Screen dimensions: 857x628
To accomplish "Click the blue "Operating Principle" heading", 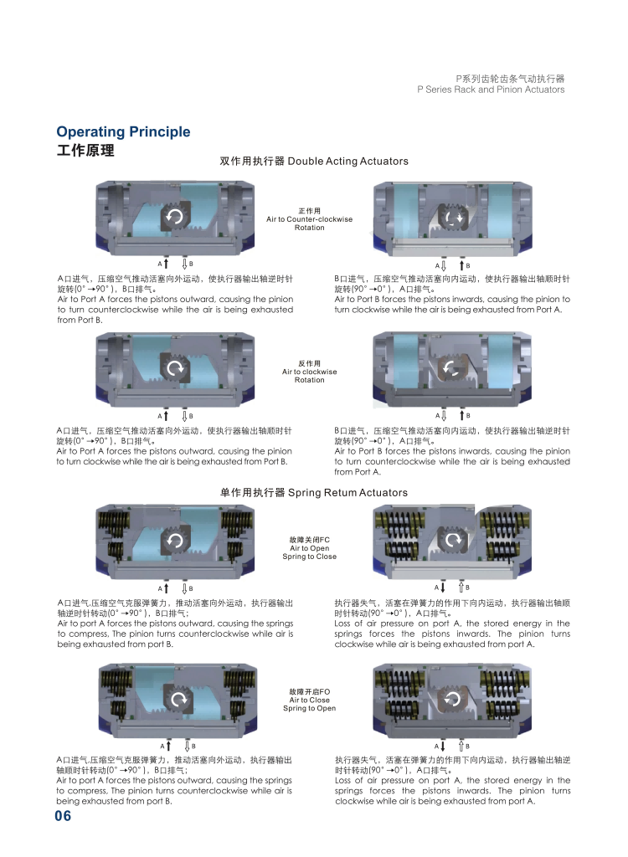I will tap(123, 132).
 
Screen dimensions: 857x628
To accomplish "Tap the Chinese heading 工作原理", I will tap(85, 151).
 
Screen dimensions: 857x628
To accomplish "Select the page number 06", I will tap(64, 817).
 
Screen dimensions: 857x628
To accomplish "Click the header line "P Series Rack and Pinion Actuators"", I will tap(490, 90).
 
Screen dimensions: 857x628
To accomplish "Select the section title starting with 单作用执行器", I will tap(313, 493).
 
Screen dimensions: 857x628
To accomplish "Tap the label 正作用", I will tap(309, 210).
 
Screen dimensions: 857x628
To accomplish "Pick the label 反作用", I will tap(309, 363).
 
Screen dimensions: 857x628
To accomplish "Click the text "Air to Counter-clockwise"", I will tap(309, 219).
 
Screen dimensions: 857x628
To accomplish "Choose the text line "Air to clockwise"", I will tap(309, 372).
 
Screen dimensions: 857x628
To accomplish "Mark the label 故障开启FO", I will tap(309, 692).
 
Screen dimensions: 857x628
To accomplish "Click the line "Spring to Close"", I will tap(309, 557).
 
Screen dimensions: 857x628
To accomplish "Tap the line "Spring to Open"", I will tap(309, 709).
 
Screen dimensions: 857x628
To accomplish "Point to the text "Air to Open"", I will tap(309, 548).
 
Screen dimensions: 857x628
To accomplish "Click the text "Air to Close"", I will tap(309, 700).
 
